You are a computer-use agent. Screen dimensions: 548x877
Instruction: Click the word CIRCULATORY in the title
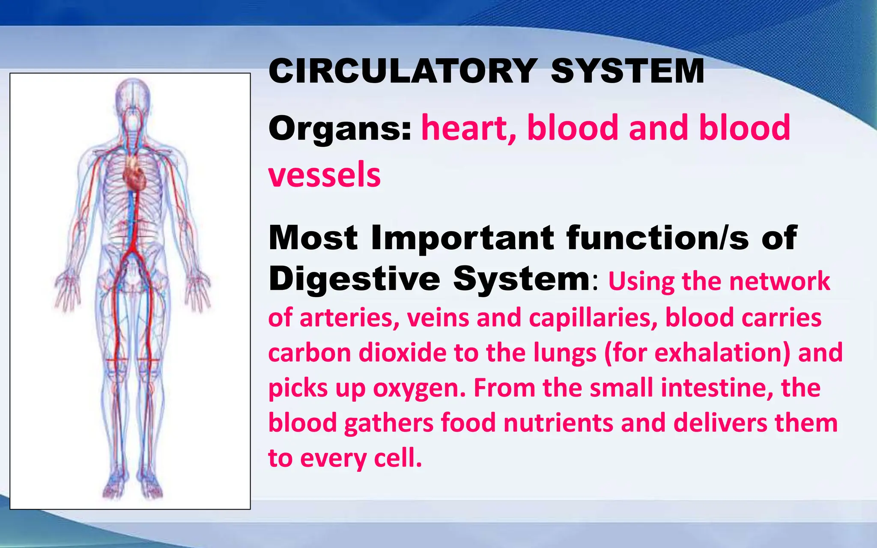(x=403, y=71)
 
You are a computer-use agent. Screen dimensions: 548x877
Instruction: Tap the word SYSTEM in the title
(x=628, y=71)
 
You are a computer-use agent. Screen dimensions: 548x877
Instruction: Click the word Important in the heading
(x=462, y=238)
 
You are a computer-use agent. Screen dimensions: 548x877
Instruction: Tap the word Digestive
(x=355, y=279)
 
